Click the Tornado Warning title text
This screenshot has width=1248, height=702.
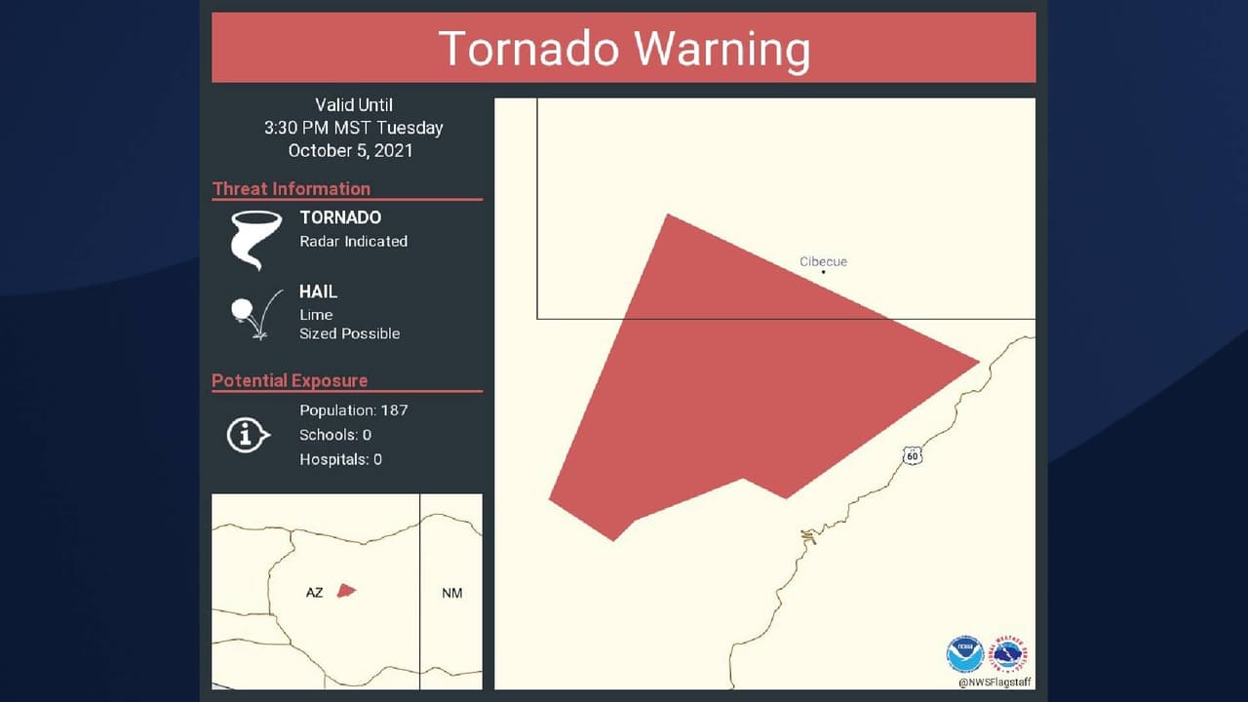point(624,49)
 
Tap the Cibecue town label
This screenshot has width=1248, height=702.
point(823,261)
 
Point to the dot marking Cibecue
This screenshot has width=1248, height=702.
point(824,272)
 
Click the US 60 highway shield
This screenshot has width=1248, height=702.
point(912,455)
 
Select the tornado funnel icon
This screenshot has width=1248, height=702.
point(255,240)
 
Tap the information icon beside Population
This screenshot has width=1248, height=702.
point(248,435)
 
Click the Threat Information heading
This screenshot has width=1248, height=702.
point(292,189)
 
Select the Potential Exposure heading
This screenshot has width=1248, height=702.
point(290,381)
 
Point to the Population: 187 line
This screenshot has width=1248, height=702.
point(354,410)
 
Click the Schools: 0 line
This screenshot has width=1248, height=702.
point(335,435)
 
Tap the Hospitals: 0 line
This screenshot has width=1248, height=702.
point(341,459)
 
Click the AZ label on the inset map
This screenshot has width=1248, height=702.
point(314,593)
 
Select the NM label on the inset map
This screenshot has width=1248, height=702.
point(451,593)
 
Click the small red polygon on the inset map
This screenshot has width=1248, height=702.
point(346,590)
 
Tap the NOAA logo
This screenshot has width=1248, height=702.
point(964,654)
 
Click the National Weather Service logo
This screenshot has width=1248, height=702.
point(1008,654)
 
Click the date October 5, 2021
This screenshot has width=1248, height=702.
point(350,150)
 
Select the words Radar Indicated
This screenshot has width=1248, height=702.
point(354,241)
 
